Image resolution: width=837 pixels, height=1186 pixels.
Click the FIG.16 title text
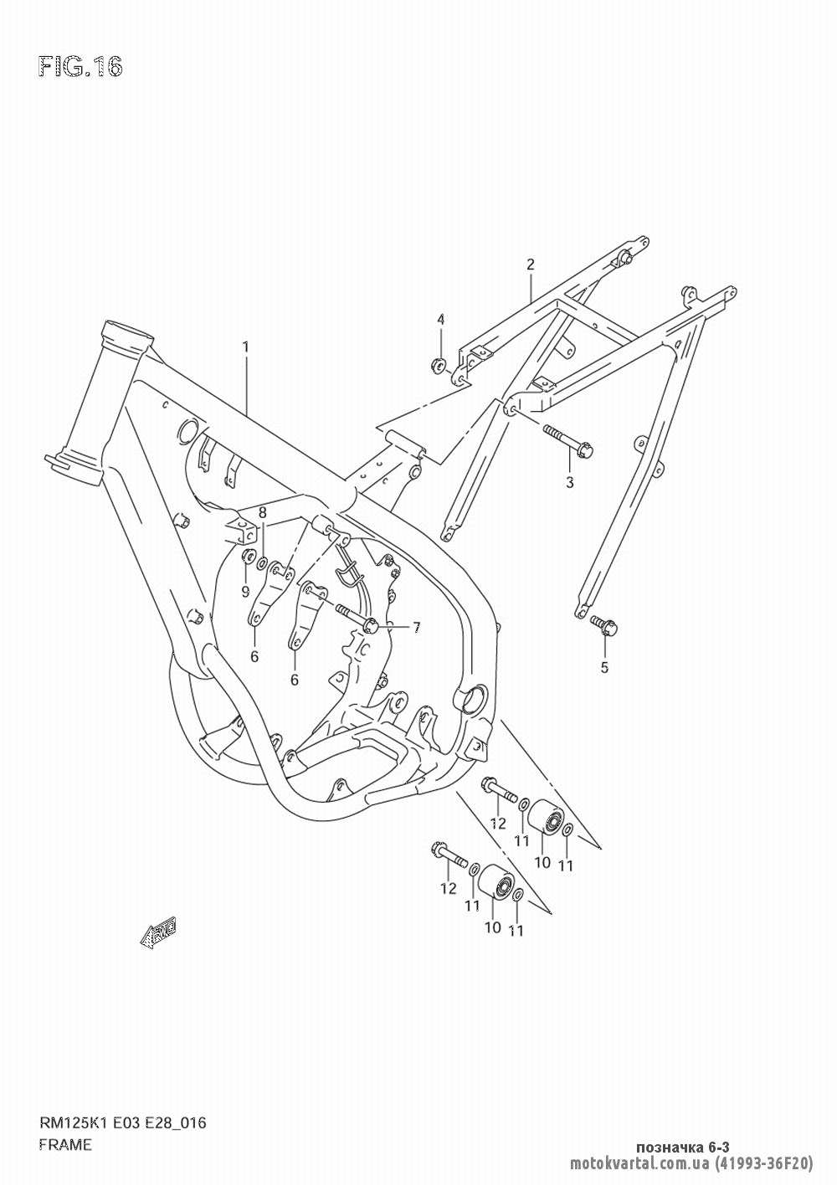tap(80, 67)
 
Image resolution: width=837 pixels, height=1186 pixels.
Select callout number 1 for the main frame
tap(246, 346)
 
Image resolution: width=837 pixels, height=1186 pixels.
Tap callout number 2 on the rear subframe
tap(530, 264)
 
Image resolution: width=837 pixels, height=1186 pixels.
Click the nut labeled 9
tap(247, 557)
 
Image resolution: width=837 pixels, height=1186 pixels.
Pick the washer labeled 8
tap(263, 563)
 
